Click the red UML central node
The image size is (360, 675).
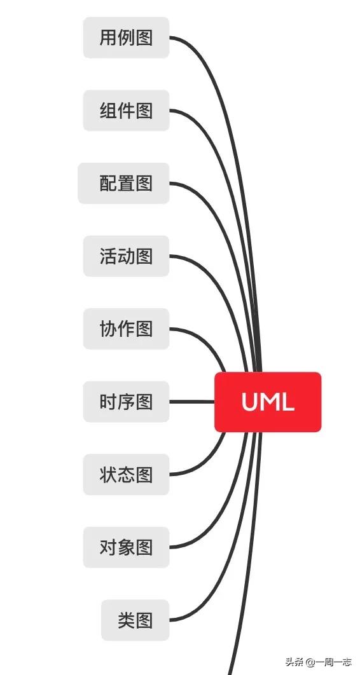tap(268, 402)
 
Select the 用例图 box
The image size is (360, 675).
tap(126, 37)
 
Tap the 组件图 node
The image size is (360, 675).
tap(126, 111)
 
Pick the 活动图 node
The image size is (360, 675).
tap(126, 256)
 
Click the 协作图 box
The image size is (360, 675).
tap(126, 329)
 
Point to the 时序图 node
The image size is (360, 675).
tap(126, 402)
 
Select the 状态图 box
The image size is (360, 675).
tap(126, 474)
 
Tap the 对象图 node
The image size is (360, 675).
tap(126, 547)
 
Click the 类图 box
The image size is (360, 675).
tap(135, 620)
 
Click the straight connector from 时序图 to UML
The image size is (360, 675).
tap(192, 402)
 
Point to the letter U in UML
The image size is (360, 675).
tap(249, 402)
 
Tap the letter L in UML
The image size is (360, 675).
tap(287, 402)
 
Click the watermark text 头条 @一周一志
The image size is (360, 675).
tap(318, 662)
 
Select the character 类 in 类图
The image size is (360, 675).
tap(126, 620)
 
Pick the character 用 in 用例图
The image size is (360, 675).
tap(107, 37)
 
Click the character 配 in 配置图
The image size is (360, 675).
tap(107, 183)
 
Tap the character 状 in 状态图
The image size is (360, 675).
tap(107, 474)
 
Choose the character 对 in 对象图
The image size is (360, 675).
tap(107, 547)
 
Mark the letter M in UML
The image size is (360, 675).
tap(268, 402)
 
